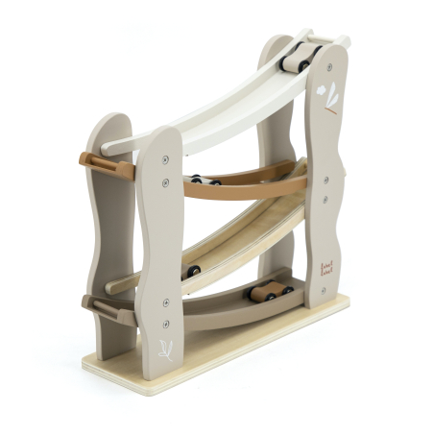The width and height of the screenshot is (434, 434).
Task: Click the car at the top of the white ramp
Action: point(297,57)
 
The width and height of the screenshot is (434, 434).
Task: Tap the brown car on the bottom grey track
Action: point(271,290)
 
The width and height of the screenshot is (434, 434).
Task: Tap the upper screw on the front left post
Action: point(166,159)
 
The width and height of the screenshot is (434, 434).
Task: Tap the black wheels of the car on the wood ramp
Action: point(193,272)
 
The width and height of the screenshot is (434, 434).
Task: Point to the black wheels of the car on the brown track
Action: point(203,179)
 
